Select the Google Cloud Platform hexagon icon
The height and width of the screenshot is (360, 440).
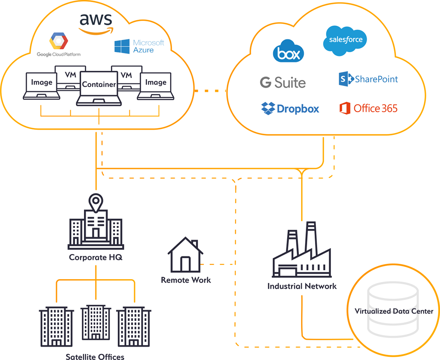pyautogui.click(x=59, y=41)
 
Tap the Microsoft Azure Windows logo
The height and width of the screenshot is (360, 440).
pyautogui.click(x=122, y=47)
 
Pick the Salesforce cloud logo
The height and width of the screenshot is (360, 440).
pyautogui.click(x=345, y=40)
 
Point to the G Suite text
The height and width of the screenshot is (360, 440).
pyautogui.click(x=283, y=82)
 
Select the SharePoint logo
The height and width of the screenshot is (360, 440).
pyautogui.click(x=368, y=79)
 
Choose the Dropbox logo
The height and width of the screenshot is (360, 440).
pyautogui.click(x=290, y=108)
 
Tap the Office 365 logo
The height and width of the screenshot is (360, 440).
pyautogui.click(x=368, y=108)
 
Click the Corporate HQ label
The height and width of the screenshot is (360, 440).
pyautogui.click(x=96, y=257)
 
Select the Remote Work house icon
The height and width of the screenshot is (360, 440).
pyautogui.click(x=185, y=255)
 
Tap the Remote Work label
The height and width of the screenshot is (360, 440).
pyautogui.click(x=186, y=280)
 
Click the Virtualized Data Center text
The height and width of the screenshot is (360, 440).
pyautogui.click(x=394, y=312)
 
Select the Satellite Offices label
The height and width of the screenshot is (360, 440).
pyautogui.click(x=95, y=356)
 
